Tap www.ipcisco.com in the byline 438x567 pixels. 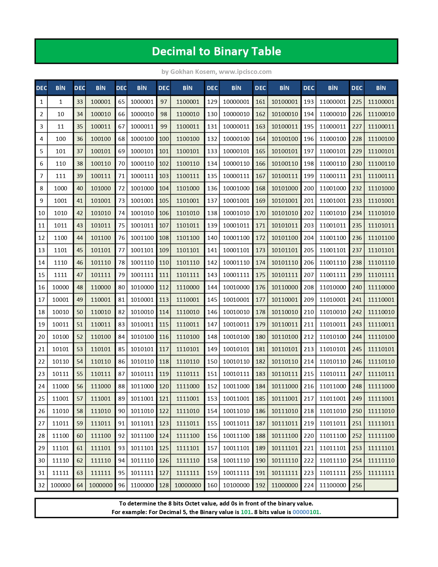pyautogui.click(x=245, y=72)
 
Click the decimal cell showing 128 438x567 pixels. pyautogui.click(x=164, y=485)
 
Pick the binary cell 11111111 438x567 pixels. pyautogui.click(x=381, y=473)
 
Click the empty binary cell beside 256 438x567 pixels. pyautogui.click(x=381, y=485)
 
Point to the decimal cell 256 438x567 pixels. pyautogui.click(x=357, y=485)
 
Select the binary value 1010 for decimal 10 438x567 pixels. pyautogui.click(x=60, y=213)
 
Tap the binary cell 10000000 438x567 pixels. pyautogui.click(x=188, y=485)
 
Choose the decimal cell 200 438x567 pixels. pyautogui.click(x=308, y=188)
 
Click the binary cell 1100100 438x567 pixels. pyautogui.click(x=188, y=139)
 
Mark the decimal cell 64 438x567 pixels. pyautogui.click(x=80, y=485)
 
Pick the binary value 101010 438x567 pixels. pyautogui.click(x=101, y=213)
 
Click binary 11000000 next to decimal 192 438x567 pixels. pyautogui.click(x=284, y=485)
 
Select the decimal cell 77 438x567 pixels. pyautogui.click(x=121, y=250)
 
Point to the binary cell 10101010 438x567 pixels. pyautogui.click(x=284, y=213)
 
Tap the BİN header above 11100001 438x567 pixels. pyautogui.click(x=381, y=88)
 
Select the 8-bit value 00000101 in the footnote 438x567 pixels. pyautogui.click(x=306, y=512)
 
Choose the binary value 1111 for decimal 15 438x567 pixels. pyautogui.click(x=60, y=275)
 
